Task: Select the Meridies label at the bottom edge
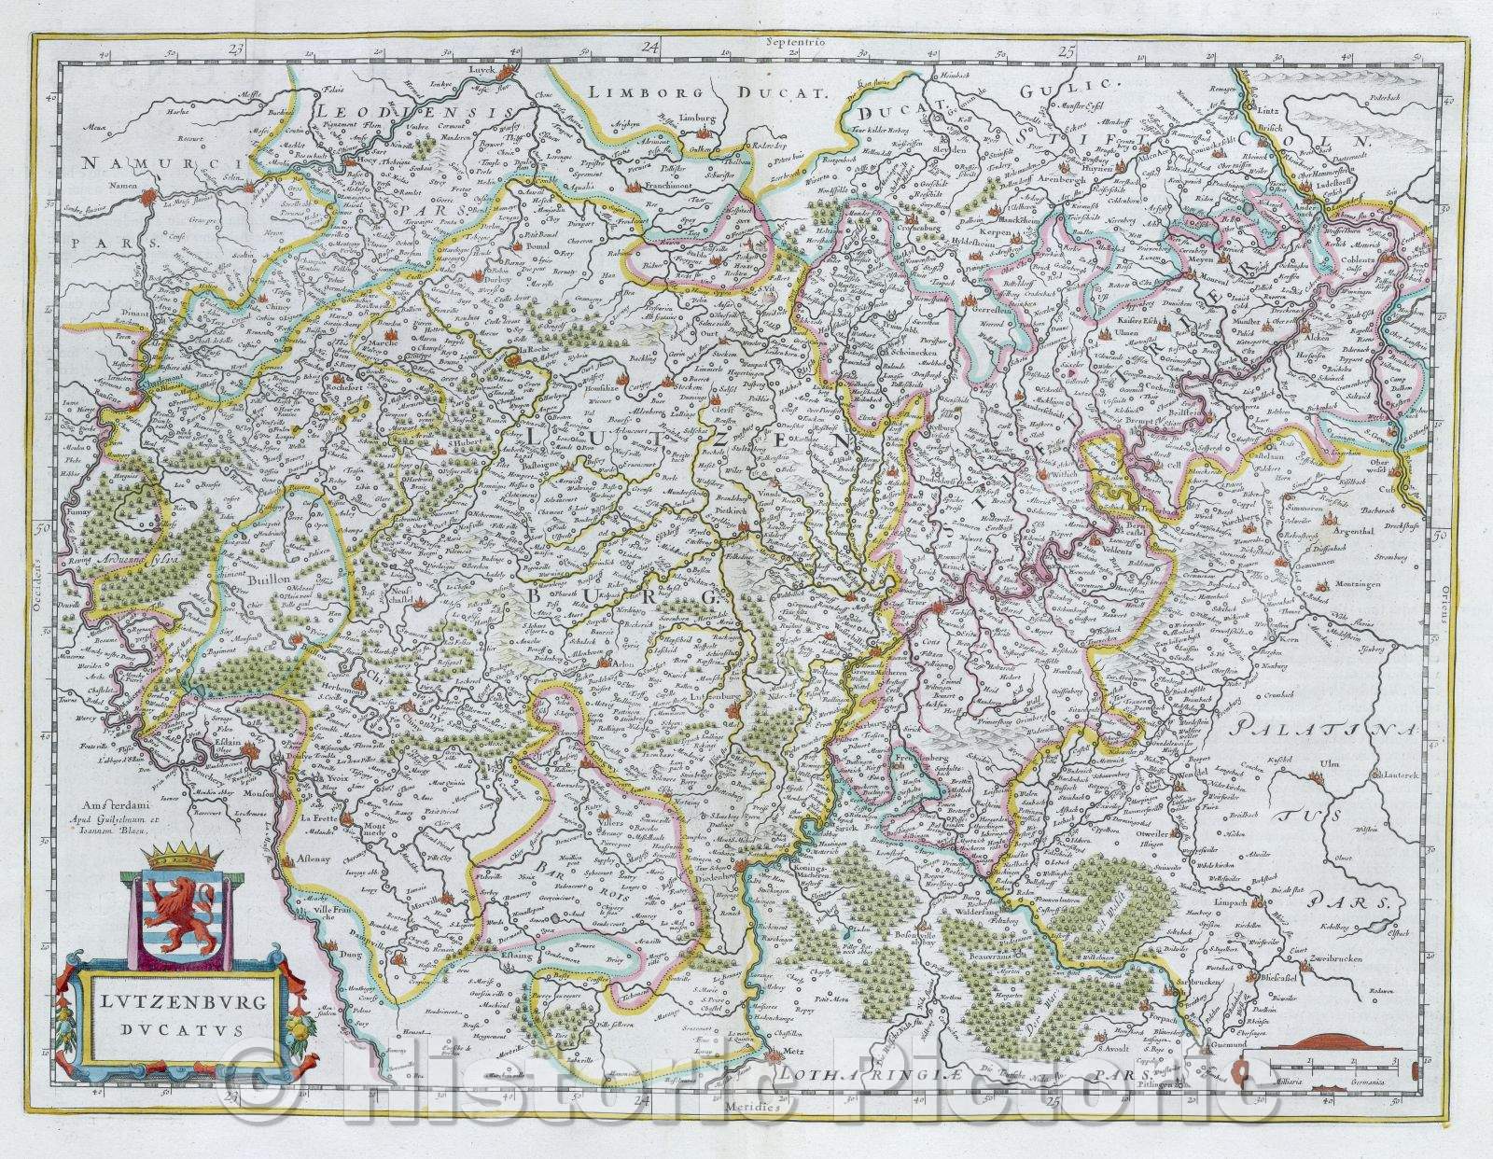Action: tap(746, 1105)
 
